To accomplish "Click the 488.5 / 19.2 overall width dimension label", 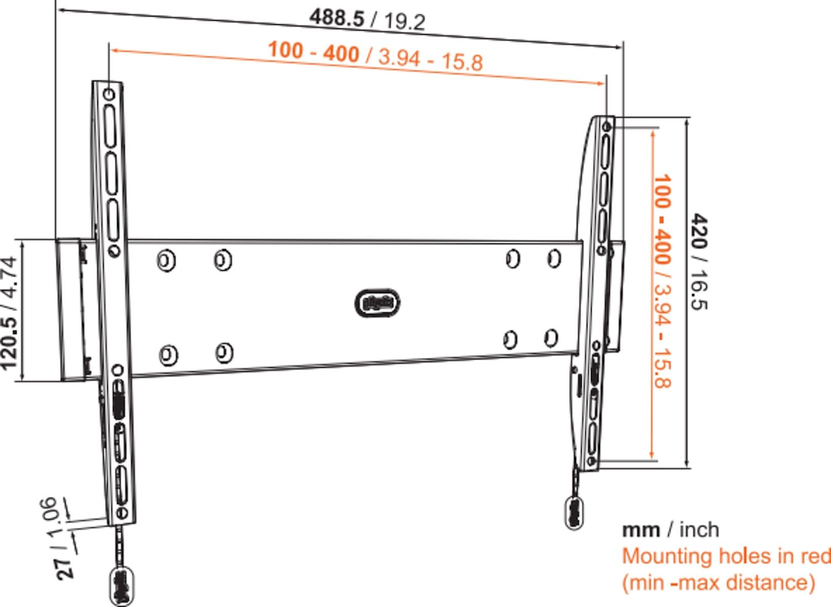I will [x=366, y=18].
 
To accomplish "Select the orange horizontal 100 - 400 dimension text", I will [x=375, y=56].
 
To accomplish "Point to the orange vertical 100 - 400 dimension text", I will [x=662, y=282].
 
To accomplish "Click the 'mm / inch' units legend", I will [x=671, y=529].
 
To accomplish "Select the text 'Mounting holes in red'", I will [x=726, y=556].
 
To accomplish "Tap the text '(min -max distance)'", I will [x=718, y=582].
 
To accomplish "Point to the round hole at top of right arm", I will [x=609, y=125].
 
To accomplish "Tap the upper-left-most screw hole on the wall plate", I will [x=166, y=260].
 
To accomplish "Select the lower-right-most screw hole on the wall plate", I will [x=550, y=337].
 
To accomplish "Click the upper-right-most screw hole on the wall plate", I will [x=553, y=259].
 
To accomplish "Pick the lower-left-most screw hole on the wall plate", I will [x=170, y=353].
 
